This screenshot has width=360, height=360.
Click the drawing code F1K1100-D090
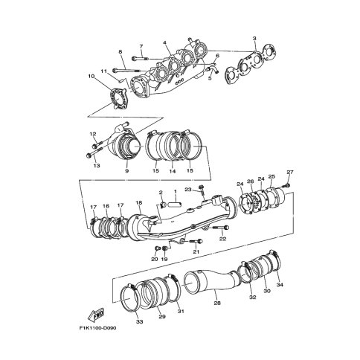(x=97, y=328)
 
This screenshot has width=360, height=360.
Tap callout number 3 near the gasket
(x=254, y=39)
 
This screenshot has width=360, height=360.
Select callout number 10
(x=91, y=76)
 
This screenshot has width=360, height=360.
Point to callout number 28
(x=217, y=303)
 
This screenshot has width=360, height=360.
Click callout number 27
(x=290, y=172)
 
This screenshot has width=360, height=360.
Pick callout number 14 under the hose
(x=173, y=171)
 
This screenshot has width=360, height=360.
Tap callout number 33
(x=140, y=322)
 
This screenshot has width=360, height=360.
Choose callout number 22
(x=223, y=239)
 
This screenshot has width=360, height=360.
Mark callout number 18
(x=139, y=203)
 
